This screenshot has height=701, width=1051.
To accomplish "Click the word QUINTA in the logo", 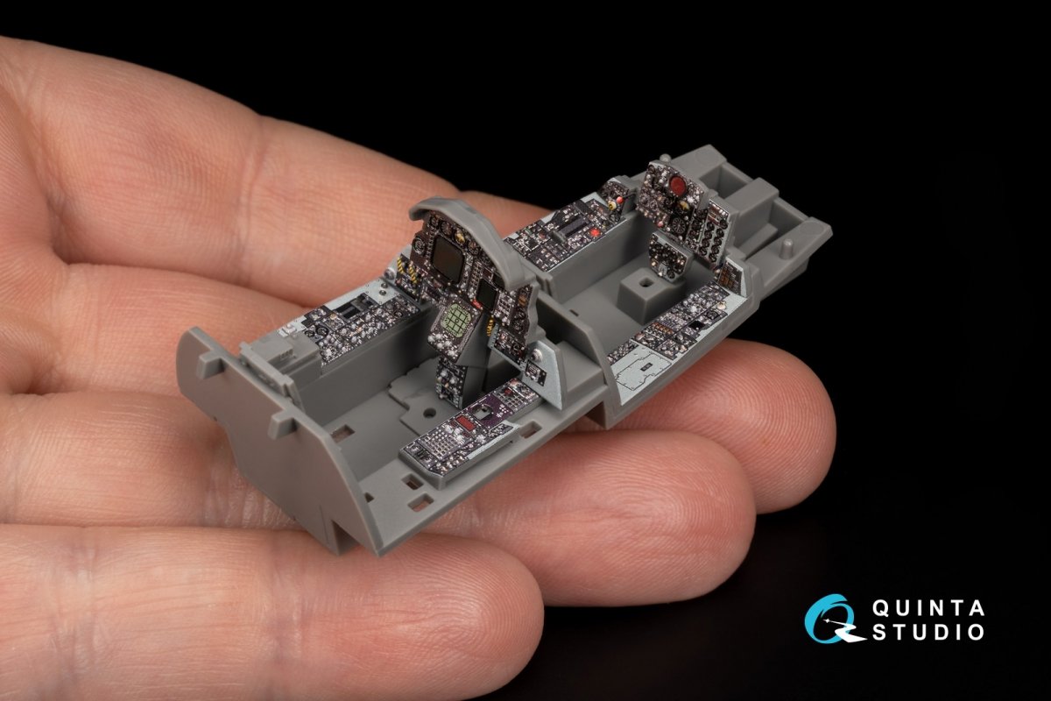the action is tap(928, 608).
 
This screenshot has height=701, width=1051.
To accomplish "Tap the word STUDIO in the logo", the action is tap(928, 632).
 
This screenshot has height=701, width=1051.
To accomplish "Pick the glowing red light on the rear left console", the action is tap(596, 232).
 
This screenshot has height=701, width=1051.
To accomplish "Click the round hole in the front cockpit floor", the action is tap(428, 414).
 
